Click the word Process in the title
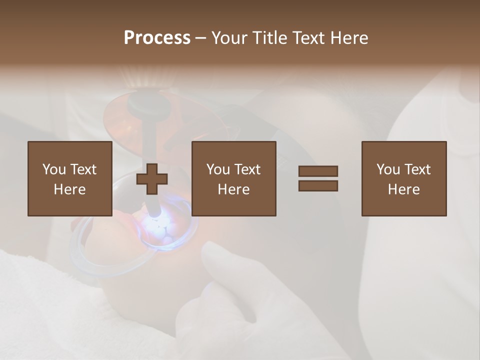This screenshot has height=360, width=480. click(157, 37)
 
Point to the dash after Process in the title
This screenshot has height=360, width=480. click(201, 38)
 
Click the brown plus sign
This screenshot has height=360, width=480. click(152, 178)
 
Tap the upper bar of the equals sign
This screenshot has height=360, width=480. click(318, 171)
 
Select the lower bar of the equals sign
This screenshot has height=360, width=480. click(318, 185)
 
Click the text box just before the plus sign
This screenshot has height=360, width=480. click(69, 178)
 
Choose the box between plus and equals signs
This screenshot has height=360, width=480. click(233, 178)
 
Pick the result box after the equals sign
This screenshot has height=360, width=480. click(403, 178)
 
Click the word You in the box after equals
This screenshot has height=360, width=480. click(388, 169)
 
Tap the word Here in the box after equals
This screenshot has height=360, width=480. click(403, 189)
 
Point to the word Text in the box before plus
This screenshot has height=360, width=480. click(83, 169)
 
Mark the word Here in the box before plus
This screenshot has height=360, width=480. click(69, 189)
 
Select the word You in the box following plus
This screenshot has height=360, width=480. click(218, 169)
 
